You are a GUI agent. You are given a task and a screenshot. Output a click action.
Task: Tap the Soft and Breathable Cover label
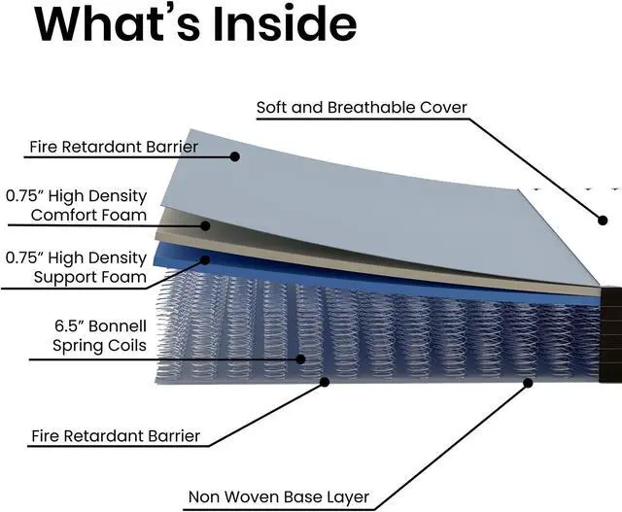coord(362,107)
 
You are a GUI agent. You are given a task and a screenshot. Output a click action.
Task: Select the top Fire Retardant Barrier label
coord(114,148)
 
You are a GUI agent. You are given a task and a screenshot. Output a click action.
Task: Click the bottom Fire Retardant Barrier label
coord(116,436)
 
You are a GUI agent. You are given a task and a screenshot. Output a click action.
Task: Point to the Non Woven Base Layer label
coord(279,497)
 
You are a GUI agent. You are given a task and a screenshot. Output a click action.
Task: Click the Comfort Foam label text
coord(88,215)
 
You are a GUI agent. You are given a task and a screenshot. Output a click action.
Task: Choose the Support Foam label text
coord(89,277)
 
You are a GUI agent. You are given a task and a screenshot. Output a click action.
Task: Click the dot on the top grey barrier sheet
coord(234,155)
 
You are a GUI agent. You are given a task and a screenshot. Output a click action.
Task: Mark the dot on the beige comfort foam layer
coord(206,225)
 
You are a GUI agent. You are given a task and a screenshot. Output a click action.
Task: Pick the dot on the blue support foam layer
coord(206,260)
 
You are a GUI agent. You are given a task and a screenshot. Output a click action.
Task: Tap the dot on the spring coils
coord(300,358)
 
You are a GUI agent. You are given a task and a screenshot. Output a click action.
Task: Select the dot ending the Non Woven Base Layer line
coord(529,383)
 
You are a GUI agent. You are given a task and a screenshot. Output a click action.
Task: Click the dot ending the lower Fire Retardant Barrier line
coord(324,382)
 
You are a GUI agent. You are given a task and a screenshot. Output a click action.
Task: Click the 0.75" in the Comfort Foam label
coord(25,195)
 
